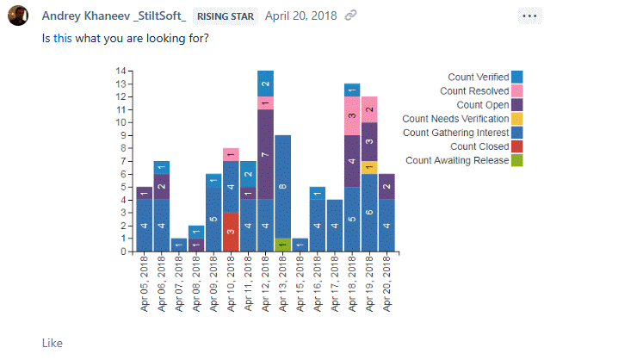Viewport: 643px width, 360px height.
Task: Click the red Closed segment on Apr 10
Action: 231,232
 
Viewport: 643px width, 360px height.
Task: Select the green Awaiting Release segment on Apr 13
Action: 282,245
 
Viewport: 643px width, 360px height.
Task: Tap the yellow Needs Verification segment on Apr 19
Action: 369,167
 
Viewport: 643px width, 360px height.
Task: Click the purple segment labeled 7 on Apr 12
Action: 265,154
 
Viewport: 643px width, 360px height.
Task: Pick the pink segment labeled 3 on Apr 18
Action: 352,116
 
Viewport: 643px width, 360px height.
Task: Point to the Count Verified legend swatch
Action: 516,78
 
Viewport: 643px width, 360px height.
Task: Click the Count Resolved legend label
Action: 474,91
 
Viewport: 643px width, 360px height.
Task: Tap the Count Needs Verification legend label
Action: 455,119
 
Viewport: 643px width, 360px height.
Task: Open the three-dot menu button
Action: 531,16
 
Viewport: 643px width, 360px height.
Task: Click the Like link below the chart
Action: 52,343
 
